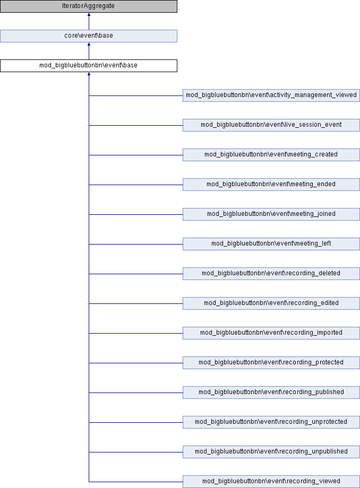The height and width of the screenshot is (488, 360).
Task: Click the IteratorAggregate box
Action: click(89, 6)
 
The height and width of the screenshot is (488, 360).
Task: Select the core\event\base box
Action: click(89, 36)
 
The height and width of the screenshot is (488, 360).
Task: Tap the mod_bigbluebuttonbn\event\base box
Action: click(89, 66)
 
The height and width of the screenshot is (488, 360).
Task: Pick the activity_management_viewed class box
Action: click(271, 95)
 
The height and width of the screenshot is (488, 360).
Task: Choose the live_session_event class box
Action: click(271, 125)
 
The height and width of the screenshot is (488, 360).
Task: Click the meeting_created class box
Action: click(271, 155)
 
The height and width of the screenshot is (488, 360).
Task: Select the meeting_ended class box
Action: click(271, 185)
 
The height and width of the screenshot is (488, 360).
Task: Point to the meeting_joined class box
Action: click(271, 214)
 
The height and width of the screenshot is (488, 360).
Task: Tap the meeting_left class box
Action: click(271, 244)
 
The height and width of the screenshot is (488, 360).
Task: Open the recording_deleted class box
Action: click(271, 274)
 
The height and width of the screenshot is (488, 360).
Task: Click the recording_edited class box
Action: click(271, 303)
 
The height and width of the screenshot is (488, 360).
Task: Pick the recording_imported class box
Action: click(271, 333)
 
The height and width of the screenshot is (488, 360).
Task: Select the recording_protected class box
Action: click(271, 363)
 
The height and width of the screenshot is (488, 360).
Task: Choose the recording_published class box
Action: click(271, 393)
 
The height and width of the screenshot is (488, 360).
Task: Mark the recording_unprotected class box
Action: click(271, 422)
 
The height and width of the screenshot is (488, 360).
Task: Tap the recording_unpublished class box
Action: click(271, 452)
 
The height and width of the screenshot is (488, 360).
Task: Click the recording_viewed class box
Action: click(271, 482)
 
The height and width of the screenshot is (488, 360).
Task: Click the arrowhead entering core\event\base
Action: click(89, 44)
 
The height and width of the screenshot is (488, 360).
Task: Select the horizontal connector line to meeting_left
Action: click(136, 245)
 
